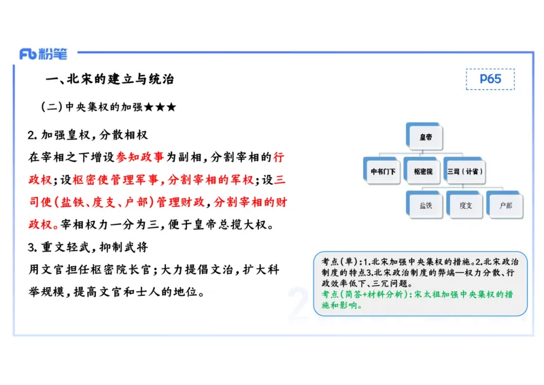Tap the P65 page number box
click(x=490, y=79)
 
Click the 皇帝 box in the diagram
click(x=426, y=137)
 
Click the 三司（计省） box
click(x=466, y=171)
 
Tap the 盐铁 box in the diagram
click(x=426, y=205)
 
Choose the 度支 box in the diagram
click(x=466, y=205)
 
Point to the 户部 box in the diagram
click(x=505, y=205)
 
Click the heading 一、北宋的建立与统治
click(x=109, y=80)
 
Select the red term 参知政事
click(x=140, y=157)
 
